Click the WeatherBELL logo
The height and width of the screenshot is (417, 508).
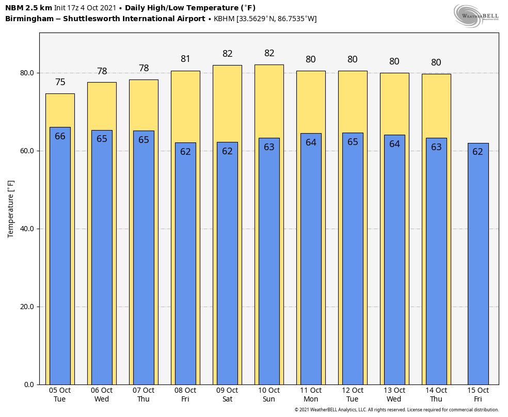pyautogui.click(x=476, y=15)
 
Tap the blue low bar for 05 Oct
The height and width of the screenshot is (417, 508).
pyautogui.click(x=60, y=258)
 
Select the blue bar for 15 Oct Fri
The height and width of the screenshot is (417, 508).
pyautogui.click(x=478, y=268)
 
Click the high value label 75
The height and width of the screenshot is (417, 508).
pyautogui.click(x=60, y=82)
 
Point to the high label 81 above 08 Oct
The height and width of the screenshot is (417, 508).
pyautogui.click(x=185, y=59)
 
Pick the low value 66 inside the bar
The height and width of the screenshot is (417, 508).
pyautogui.click(x=60, y=136)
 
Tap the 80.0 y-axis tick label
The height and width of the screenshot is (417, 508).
pyautogui.click(x=26, y=73)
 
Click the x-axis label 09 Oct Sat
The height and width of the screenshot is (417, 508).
pyautogui.click(x=227, y=395)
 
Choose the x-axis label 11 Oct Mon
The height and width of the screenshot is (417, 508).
pyautogui.click(x=311, y=395)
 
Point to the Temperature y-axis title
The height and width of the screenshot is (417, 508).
pyautogui.click(x=11, y=208)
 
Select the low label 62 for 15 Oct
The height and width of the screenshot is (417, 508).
pyautogui.click(x=478, y=152)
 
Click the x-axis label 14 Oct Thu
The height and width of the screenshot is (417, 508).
pyautogui.click(x=436, y=395)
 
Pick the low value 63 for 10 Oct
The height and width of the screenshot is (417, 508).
pyautogui.click(x=269, y=147)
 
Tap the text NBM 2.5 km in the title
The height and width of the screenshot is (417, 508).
pyautogui.click(x=28, y=8)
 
